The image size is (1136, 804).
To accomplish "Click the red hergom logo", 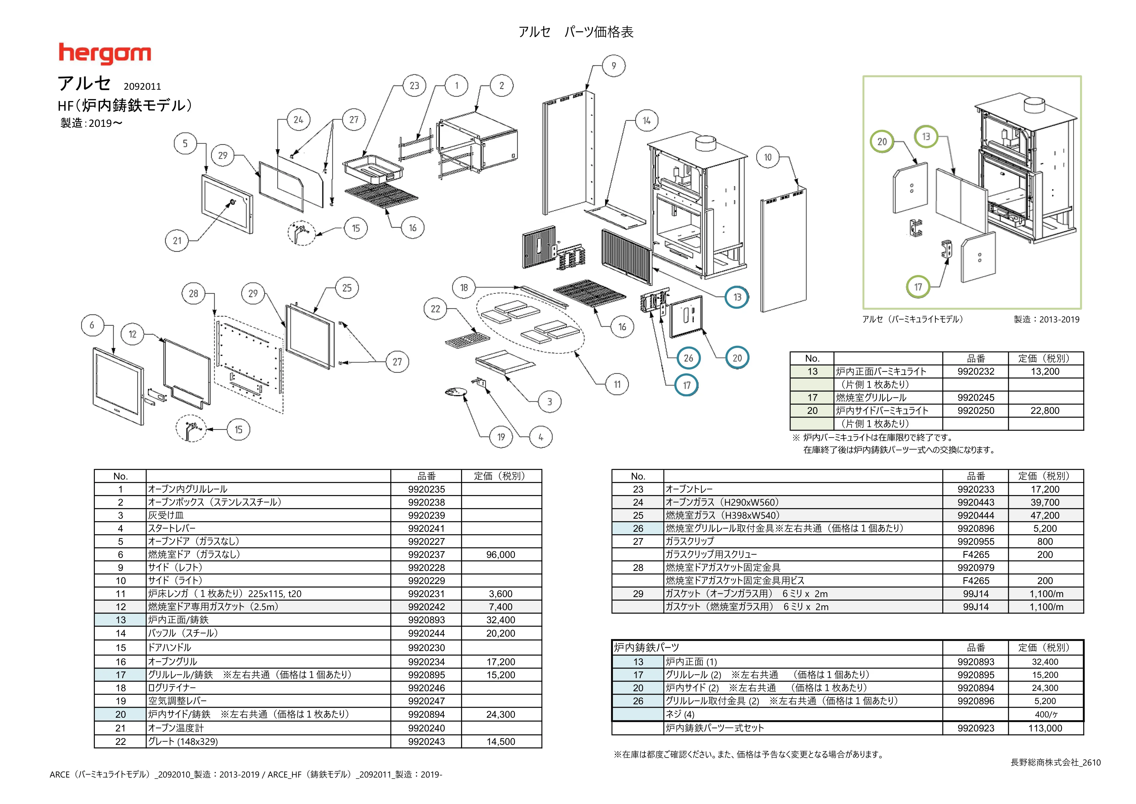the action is click(105, 54).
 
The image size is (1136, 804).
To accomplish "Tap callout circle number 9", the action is click(614, 66).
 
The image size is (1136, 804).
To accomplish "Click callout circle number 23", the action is click(415, 86).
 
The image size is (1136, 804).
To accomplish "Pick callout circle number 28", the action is click(193, 294).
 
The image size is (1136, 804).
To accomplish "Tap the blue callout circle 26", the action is click(689, 358).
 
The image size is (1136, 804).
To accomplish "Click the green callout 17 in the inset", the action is click(918, 287).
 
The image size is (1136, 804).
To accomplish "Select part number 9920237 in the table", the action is click(427, 554).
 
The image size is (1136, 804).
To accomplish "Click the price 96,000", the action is click(501, 554).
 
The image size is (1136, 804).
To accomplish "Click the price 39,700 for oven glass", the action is click(1045, 502).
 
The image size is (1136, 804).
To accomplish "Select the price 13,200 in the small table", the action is click(1045, 371).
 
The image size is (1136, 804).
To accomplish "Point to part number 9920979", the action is click(976, 568).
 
